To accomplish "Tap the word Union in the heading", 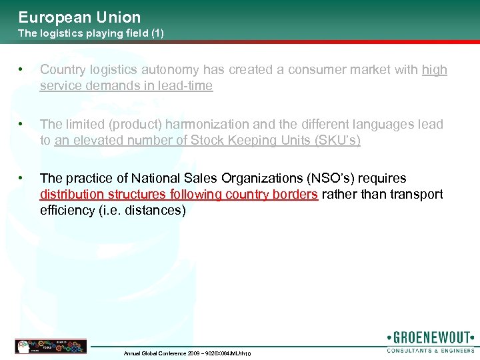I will coord(119,17).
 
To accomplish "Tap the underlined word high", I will coord(435,70).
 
